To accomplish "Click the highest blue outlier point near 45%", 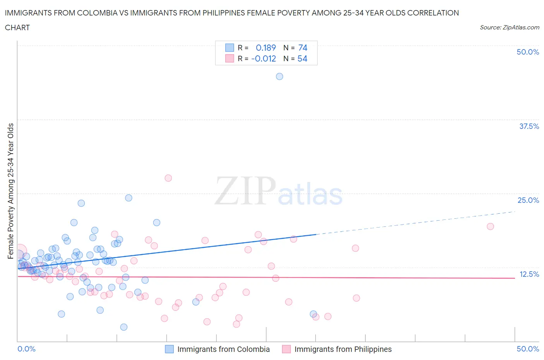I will [x=279, y=77].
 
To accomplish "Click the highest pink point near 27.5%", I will [x=168, y=178].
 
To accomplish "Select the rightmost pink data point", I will [x=490, y=226].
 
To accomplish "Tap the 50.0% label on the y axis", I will [x=528, y=52].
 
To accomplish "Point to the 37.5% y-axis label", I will [x=529, y=126].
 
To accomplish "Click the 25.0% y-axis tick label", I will [x=528, y=200].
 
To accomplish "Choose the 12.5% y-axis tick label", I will [x=529, y=274].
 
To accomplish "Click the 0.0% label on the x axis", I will [x=26, y=349].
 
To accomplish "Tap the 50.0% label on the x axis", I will [x=528, y=349].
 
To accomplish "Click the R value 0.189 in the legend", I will [x=266, y=48].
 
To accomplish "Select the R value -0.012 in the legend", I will [x=263, y=58].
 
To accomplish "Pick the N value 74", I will [x=303, y=48].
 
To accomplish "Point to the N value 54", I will [x=302, y=58].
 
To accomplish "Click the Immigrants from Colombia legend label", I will [x=223, y=349].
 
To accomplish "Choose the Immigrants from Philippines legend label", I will [x=343, y=349].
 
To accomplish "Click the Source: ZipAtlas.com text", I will [x=509, y=27].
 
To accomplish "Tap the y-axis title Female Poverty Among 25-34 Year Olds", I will [x=10, y=191].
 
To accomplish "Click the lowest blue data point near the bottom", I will [x=124, y=327].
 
